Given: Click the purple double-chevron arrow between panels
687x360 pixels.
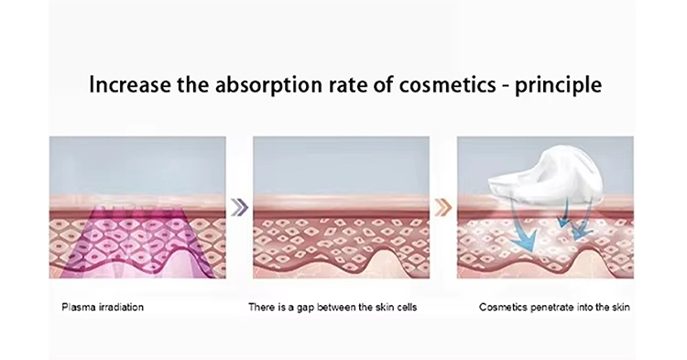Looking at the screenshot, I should (238, 206).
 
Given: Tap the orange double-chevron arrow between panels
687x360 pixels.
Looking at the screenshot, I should (444, 206).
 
